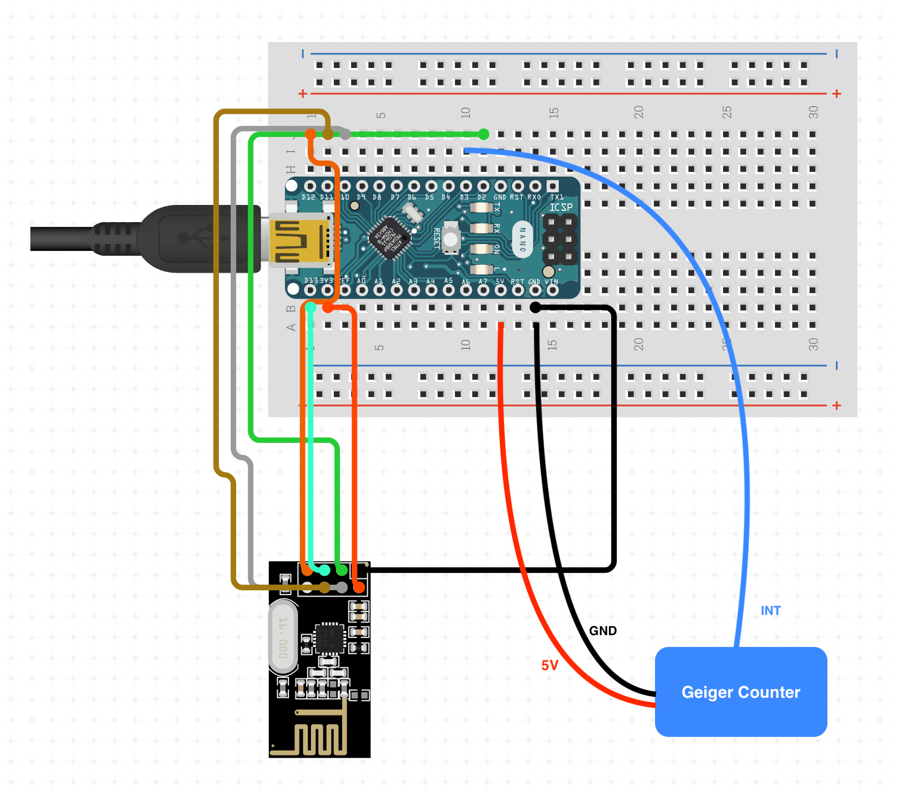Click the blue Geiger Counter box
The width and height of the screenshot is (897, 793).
pos(741,691)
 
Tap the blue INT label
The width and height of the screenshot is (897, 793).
pos(770,611)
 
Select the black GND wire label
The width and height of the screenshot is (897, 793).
pos(603,631)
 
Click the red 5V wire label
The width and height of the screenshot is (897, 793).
pos(550,665)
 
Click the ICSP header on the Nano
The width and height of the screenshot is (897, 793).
pos(560,239)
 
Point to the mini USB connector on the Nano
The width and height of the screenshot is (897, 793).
pos(300,240)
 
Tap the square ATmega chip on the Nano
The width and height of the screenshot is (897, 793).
pos(390,238)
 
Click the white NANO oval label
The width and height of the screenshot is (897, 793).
pos(522,239)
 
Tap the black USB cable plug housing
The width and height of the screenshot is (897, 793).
pos(198,239)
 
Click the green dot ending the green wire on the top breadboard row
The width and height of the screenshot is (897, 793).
pos(483,134)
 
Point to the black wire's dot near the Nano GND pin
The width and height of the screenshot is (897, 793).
pos(535,307)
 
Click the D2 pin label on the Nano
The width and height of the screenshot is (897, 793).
pos(482,197)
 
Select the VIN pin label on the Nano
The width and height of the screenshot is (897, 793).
pos(551,281)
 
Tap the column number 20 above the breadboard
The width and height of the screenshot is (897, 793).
pos(638,112)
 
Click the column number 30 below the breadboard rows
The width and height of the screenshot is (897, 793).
pos(813,344)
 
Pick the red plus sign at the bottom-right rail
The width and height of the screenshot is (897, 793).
pos(837,406)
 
